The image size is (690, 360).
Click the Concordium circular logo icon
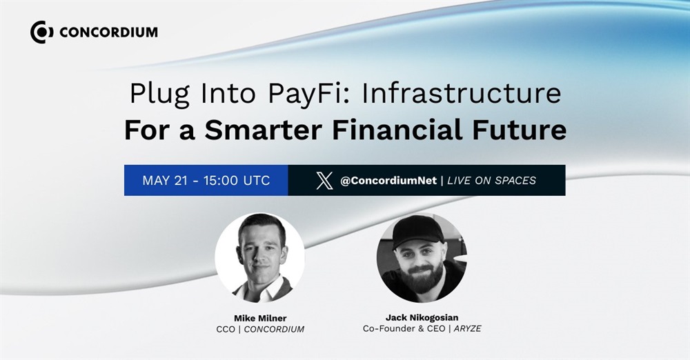pos(42,32)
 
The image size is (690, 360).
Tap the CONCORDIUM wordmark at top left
pos(108,32)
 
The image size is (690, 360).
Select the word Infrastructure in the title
pos(461,93)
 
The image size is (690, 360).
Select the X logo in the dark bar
pos(325,181)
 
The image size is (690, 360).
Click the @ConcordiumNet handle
pos(388,181)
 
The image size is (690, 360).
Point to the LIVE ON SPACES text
pos(491,181)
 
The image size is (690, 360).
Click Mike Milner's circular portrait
pos(259,258)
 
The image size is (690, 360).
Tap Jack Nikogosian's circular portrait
pos(422,258)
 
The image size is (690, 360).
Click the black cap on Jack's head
pos(417,230)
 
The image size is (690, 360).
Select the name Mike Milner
pos(260,318)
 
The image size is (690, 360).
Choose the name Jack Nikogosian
pos(422,317)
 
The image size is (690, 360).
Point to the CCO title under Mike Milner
pos(226,329)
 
